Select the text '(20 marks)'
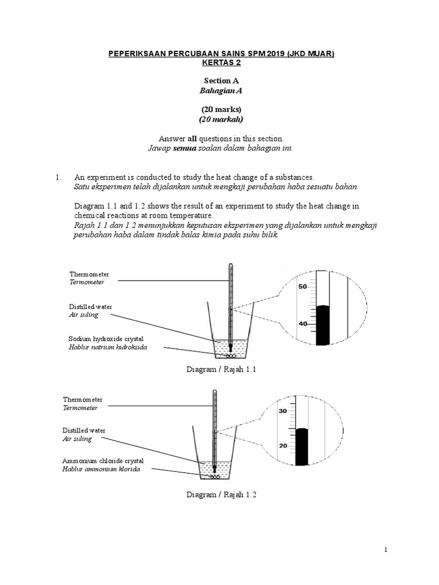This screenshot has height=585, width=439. click(221, 109)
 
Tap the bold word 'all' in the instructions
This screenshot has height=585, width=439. click(192, 138)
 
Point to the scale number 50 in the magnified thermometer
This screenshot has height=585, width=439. click(303, 286)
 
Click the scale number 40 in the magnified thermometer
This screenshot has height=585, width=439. click(303, 323)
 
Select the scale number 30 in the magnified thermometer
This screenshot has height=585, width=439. click(282, 411)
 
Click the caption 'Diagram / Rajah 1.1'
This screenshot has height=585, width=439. click(222, 370)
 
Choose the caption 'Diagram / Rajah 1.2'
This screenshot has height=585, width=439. click(222, 495)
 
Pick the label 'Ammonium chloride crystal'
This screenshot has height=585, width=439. click(103, 460)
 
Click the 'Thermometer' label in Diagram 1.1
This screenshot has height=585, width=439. click(89, 274)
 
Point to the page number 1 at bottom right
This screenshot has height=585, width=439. click(386, 550)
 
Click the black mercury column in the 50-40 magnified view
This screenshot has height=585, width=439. click(323, 326)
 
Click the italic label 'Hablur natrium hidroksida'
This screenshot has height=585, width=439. click(104, 347)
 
